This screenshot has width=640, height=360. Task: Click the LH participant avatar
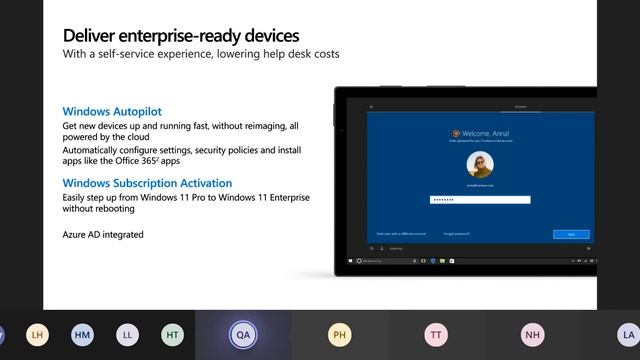coord(38,336)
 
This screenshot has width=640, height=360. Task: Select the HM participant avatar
coord(82,336)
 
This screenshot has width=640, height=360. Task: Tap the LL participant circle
coord(127,336)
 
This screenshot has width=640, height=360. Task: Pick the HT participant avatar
coord(172,336)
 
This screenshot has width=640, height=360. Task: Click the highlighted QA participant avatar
coord(243,336)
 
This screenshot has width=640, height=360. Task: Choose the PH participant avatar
coord(340,336)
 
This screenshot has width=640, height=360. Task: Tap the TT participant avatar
coord(436,336)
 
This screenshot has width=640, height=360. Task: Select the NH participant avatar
coord(532,336)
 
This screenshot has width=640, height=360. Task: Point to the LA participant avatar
coord(627,336)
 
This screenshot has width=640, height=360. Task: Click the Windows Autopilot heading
coord(112,112)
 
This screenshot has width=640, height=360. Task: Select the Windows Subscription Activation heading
coord(147,183)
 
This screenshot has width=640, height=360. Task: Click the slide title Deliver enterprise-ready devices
coord(181,36)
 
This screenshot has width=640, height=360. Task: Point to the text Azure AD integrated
coord(103,234)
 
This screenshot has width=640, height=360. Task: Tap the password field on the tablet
coord(480,200)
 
